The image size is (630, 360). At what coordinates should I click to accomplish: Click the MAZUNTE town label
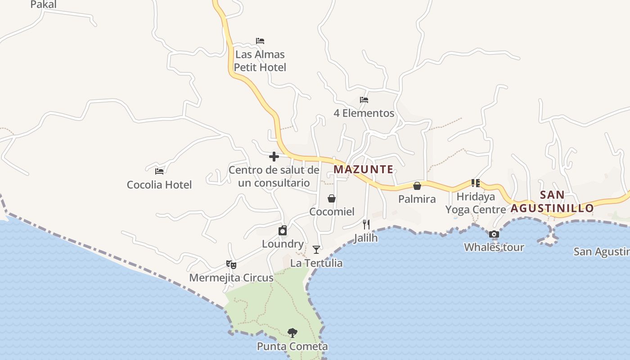coord(363,170)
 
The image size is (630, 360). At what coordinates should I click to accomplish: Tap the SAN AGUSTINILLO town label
coord(552,202)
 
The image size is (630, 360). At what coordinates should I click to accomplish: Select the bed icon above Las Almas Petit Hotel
coord(260,41)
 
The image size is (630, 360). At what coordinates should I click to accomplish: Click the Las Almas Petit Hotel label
coord(260,61)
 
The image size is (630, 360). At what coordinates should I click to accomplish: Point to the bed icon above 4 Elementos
coord(364,100)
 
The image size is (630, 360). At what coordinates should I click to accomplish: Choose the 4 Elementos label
coord(364,113)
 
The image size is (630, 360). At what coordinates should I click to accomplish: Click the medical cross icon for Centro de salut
coord(274,157)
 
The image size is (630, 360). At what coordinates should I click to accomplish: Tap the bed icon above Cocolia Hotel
coord(159,171)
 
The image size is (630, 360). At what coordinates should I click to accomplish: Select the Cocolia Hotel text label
coord(159,184)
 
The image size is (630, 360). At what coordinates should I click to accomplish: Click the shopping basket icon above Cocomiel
coord(332,198)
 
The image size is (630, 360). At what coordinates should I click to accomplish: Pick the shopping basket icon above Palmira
coord(417,186)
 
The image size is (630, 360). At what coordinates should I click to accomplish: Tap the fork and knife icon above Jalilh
coord(366,224)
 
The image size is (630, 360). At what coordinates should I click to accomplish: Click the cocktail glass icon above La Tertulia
coord(316,250)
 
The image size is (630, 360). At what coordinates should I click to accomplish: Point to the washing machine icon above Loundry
coord(283,231)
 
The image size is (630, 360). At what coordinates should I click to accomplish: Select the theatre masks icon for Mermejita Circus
coord(231,265)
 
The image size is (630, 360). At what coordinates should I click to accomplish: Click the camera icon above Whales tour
coord(494,234)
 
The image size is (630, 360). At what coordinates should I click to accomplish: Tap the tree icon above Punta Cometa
coord(292,333)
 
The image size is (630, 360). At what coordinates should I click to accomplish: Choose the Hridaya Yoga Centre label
coord(476,203)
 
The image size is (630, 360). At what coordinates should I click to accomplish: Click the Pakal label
coord(43,4)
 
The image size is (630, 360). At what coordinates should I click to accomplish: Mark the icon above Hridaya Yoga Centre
coord(476,183)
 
